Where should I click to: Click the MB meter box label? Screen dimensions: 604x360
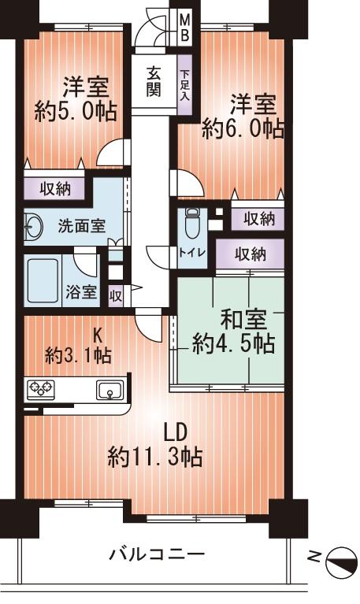click(184, 26)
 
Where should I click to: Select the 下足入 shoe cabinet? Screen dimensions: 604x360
click(184, 87)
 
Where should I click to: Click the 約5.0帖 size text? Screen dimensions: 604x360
click(76, 111)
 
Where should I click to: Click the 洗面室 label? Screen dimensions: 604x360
click(81, 224)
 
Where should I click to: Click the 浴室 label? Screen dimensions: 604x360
click(82, 292)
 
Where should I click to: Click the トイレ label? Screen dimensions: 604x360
click(188, 253)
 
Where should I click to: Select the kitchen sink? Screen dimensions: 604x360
click(108, 388)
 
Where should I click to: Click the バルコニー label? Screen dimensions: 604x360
click(157, 554)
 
